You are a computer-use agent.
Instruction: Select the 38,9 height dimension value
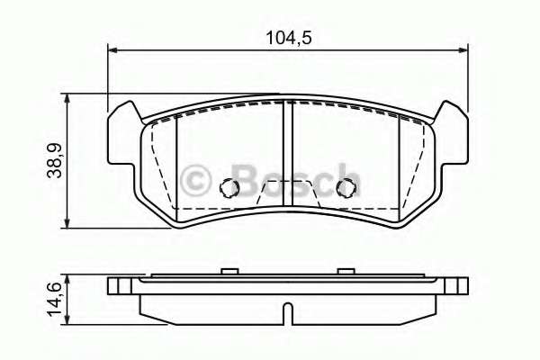tap(55, 159)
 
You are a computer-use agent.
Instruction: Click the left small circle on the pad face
tap(229, 188)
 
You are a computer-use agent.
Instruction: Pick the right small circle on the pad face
tap(344, 188)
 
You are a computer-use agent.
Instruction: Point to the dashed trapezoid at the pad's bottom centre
tap(286, 193)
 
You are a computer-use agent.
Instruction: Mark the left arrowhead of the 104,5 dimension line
tap(112, 50)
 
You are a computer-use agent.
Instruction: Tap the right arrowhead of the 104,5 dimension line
tap(464, 50)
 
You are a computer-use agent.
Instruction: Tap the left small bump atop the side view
tap(230, 270)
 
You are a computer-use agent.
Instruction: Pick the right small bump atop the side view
tap(344, 270)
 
